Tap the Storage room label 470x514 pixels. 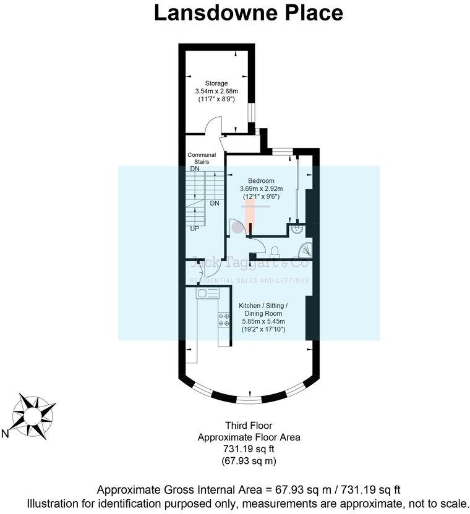pyautogui.click(x=216, y=83)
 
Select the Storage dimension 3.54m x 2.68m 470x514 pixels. pyautogui.click(x=216, y=92)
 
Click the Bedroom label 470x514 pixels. pyautogui.click(x=261, y=180)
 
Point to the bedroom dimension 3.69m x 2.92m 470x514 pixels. pyautogui.click(x=261, y=188)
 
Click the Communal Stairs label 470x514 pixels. pyautogui.click(x=202, y=158)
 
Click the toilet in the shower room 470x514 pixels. pyautogui.click(x=275, y=250)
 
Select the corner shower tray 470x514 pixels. pyautogui.click(x=305, y=250)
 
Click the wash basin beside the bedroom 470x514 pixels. pyautogui.click(x=298, y=230)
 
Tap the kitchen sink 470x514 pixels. pyautogui.click(x=205, y=294)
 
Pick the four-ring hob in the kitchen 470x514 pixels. pyautogui.click(x=222, y=321)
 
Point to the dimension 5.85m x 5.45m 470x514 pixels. pyautogui.click(x=263, y=321)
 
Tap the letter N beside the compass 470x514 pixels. pyautogui.click(x=5, y=434)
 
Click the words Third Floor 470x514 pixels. pyautogui.click(x=248, y=425)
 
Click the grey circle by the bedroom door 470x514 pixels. pyautogui.click(x=238, y=227)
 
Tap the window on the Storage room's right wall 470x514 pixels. pyautogui.click(x=251, y=114)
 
